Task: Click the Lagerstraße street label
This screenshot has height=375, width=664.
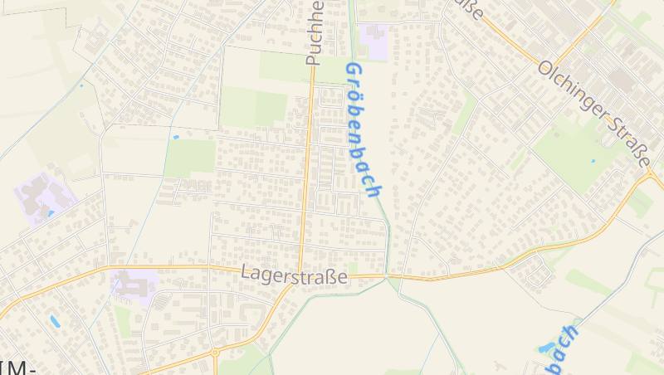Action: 294,274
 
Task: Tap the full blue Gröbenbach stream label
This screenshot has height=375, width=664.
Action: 364,129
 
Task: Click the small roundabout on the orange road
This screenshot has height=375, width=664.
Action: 215,352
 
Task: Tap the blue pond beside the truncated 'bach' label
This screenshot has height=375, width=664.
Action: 545,348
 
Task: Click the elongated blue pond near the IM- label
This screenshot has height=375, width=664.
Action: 55,320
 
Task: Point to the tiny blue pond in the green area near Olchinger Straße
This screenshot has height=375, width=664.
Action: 593,159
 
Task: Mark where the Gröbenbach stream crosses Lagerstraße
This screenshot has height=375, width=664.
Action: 387,275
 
